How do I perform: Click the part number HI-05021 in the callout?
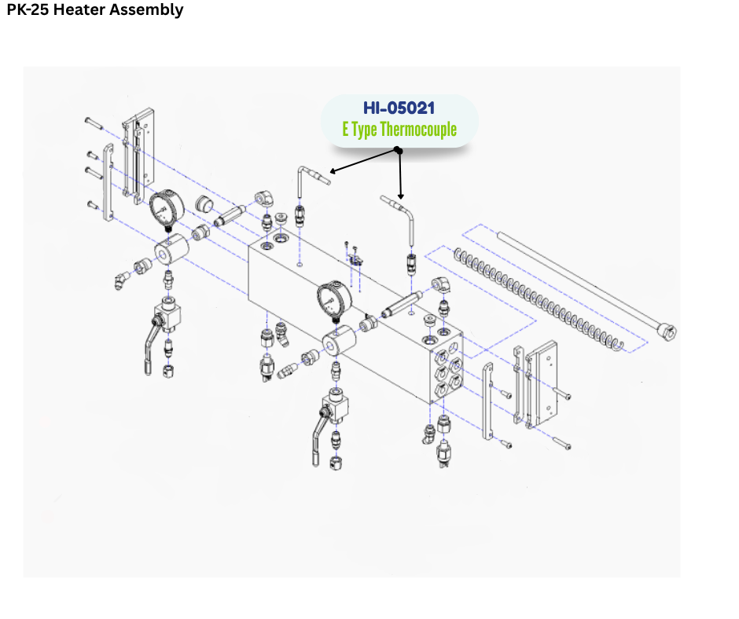click(399, 108)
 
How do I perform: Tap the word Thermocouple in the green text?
click(418, 129)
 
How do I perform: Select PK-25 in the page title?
click(28, 9)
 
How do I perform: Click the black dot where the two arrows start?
click(399, 151)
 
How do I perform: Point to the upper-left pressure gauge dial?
click(167, 207)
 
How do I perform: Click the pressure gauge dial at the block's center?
click(334, 299)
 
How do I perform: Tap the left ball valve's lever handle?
click(151, 346)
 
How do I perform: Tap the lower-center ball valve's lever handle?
click(318, 438)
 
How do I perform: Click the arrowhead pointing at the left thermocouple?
click(333, 171)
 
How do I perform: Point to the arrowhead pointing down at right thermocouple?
click(401, 196)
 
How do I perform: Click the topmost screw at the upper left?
click(94, 123)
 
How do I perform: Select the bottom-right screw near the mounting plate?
click(561, 443)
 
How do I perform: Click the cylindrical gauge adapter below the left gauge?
click(171, 247)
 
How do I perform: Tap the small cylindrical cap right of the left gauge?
click(204, 204)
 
